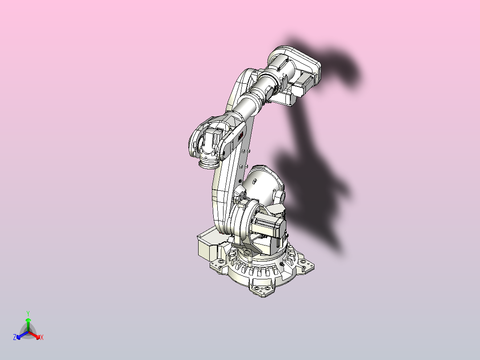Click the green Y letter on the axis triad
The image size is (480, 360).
(x=28, y=313)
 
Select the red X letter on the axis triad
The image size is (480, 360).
(x=42, y=338)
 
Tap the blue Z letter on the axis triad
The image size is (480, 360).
(x=15, y=338)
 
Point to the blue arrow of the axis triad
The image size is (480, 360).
(x=20, y=335)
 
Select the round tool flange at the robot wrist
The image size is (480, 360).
(x=207, y=164)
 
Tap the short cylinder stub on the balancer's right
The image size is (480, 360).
(x=280, y=196)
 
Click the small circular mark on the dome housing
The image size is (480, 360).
(x=256, y=182)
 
